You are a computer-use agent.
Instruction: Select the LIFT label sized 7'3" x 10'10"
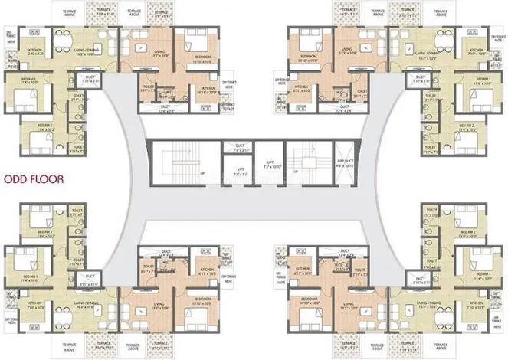pyautogui.click(x=269, y=163)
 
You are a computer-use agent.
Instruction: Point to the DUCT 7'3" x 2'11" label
pyautogui.click(x=238, y=148)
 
